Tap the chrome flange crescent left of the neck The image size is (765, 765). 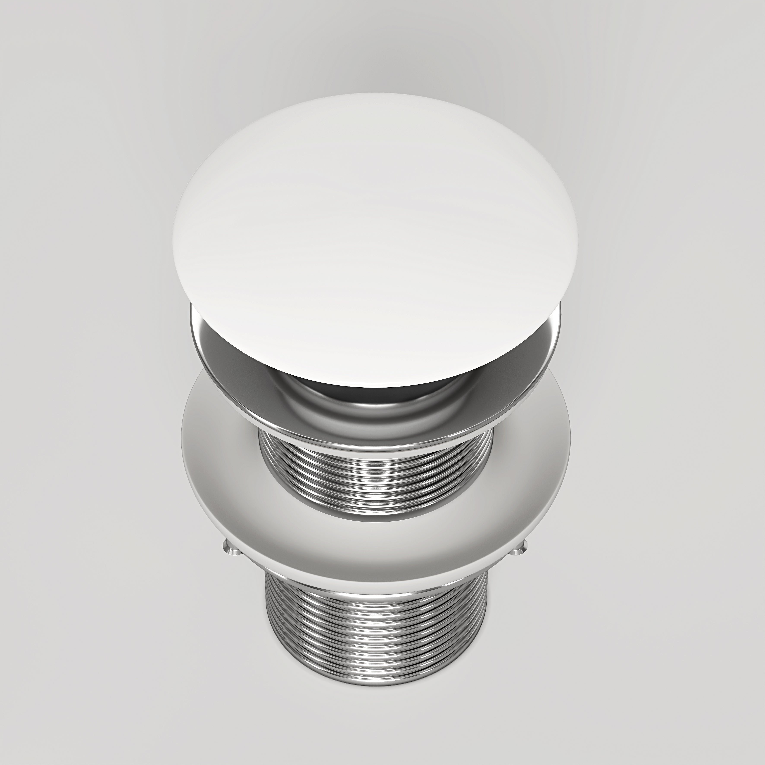pyautogui.click(x=222, y=356)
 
